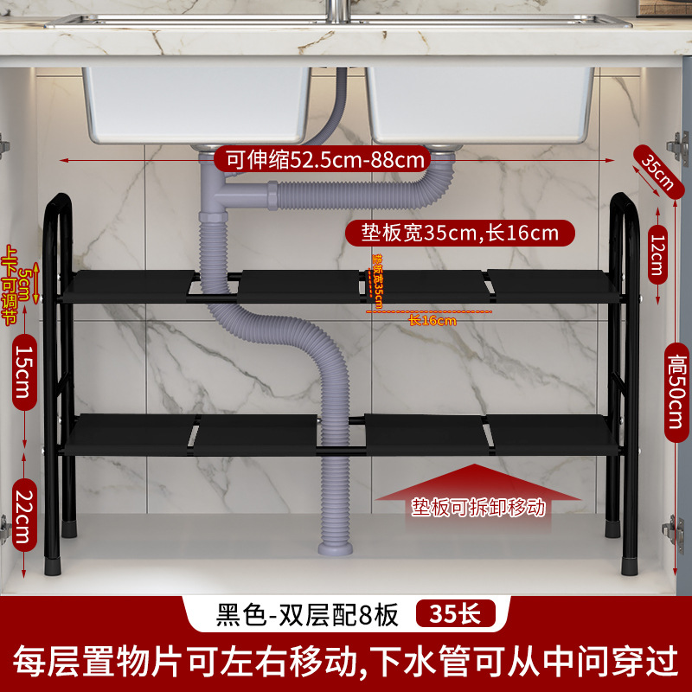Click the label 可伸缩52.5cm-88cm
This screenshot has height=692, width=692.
click(325, 159)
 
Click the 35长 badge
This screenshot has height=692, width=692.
click(457, 615)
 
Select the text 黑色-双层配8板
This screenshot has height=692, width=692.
click(306, 615)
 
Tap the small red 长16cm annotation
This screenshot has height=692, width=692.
click(432, 321)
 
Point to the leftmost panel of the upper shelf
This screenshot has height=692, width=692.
click(130, 285)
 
